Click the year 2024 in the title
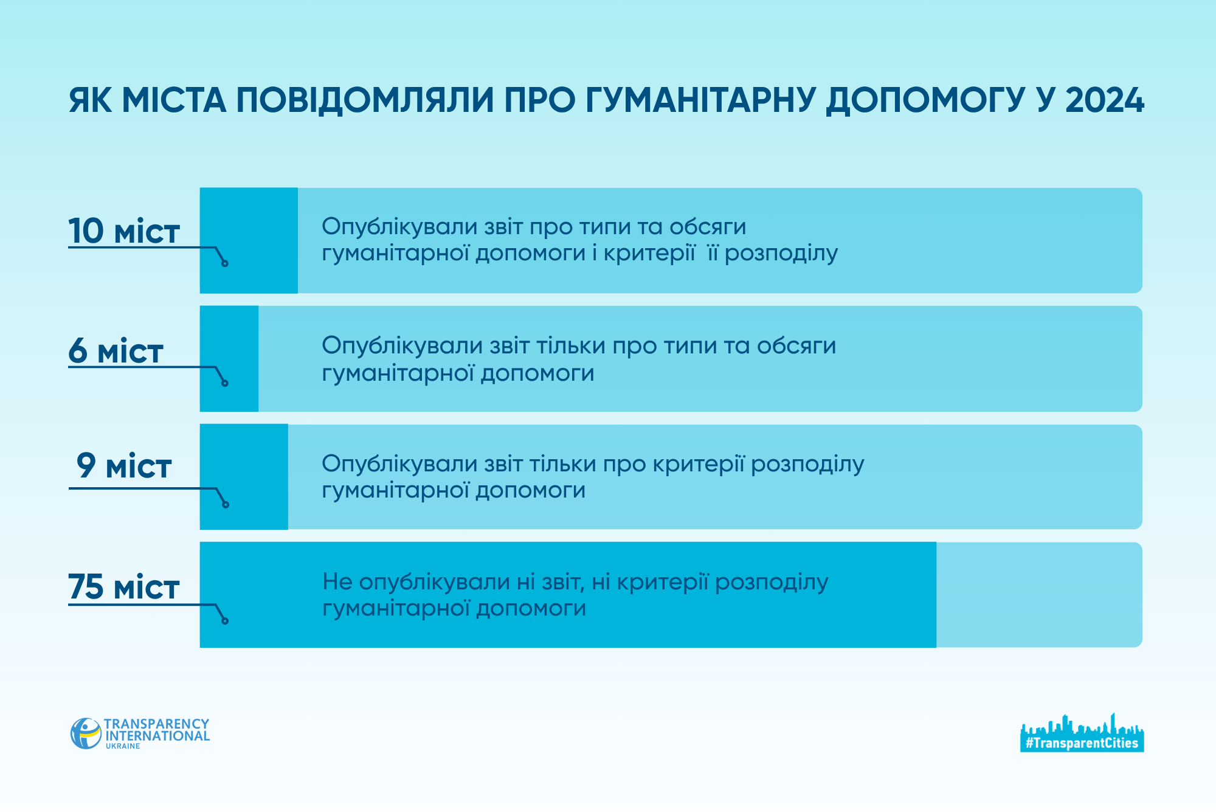(1104, 100)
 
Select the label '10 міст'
(123, 231)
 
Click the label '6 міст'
(116, 351)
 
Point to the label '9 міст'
(123, 466)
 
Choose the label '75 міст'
(123, 587)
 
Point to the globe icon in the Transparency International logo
(86, 734)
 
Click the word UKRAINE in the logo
(123, 746)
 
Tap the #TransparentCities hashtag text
(1082, 743)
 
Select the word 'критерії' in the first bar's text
(649, 253)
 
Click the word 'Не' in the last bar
(337, 581)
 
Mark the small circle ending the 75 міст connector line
(225, 621)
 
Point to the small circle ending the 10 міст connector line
(225, 263)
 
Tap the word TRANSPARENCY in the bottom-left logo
(156, 724)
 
